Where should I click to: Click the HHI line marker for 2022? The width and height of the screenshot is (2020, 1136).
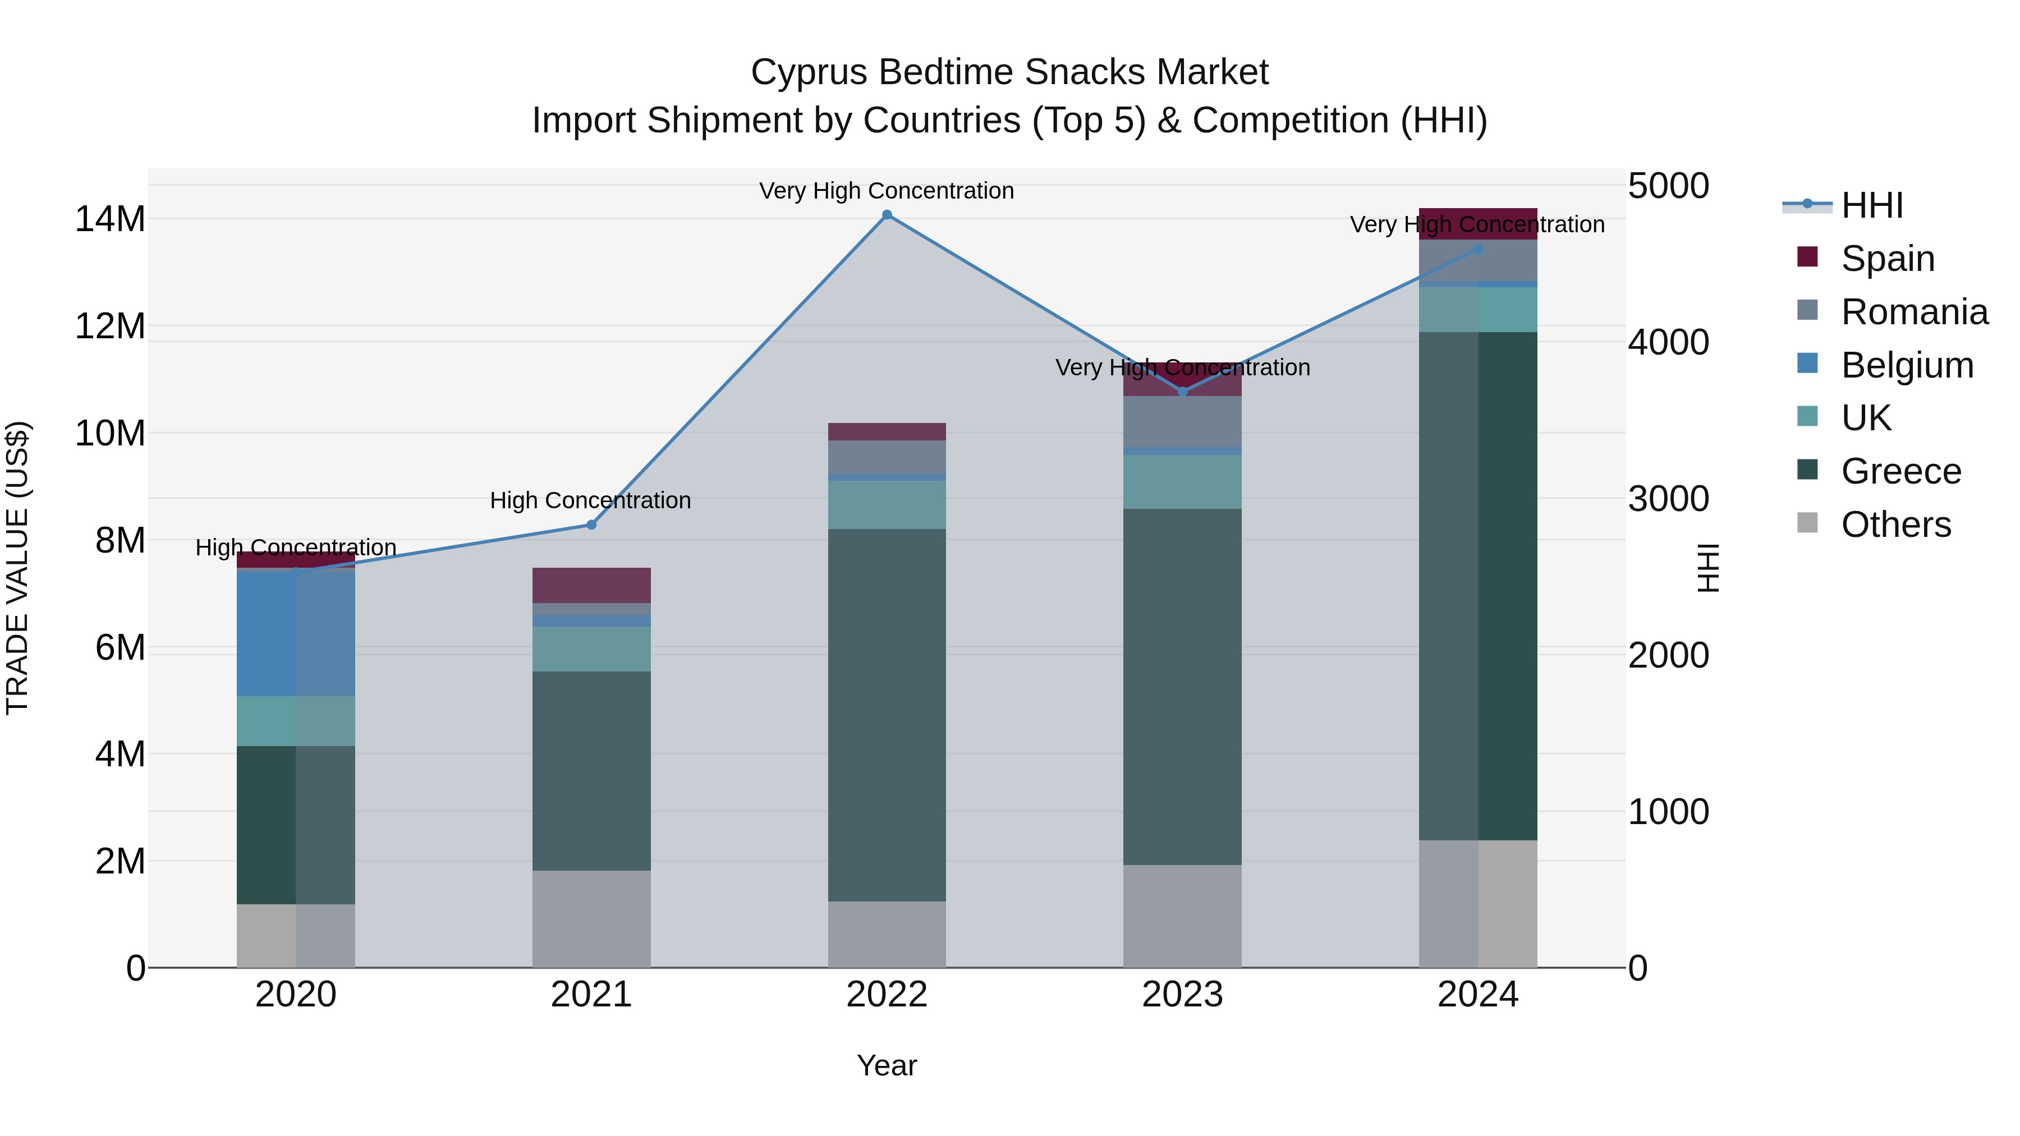(x=887, y=215)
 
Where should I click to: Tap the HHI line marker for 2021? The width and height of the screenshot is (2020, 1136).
(x=591, y=525)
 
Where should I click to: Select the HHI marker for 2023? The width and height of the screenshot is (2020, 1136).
(x=1182, y=391)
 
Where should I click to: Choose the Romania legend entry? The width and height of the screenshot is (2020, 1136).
(x=1913, y=312)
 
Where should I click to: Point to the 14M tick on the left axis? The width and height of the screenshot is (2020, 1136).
(x=110, y=219)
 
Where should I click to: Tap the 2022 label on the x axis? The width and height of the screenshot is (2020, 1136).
(x=887, y=994)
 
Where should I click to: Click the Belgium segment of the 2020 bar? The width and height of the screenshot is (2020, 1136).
(x=296, y=633)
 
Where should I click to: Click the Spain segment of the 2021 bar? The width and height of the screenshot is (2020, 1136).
(x=591, y=585)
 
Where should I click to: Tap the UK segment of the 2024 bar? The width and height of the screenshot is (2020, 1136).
(x=1478, y=309)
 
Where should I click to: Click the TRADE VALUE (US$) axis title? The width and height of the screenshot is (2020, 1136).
(x=17, y=568)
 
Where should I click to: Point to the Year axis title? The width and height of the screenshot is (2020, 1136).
(x=887, y=1065)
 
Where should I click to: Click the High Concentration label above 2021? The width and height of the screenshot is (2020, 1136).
(x=590, y=500)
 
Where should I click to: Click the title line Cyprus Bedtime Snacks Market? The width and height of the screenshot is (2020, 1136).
(x=1009, y=72)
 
